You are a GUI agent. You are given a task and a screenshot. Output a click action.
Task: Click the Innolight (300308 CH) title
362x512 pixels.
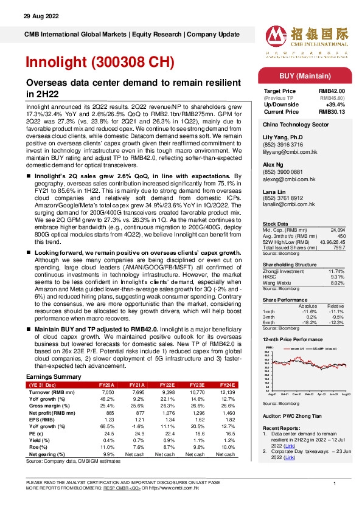point(100,62)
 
